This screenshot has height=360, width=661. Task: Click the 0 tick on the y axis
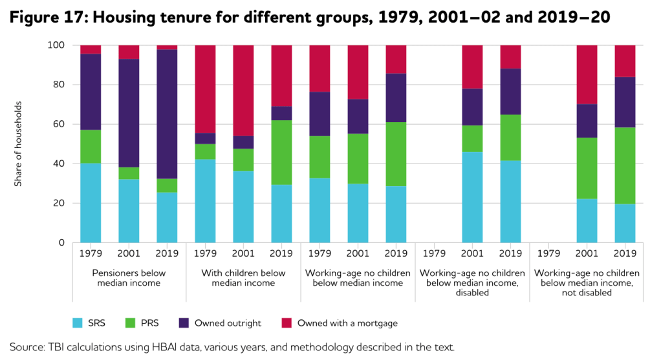point(61,243)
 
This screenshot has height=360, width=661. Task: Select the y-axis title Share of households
point(18,143)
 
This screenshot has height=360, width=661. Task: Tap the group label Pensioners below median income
point(129,278)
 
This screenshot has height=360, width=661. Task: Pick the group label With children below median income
point(243,278)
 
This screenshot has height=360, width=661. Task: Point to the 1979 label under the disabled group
point(434,254)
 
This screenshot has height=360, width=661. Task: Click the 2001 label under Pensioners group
point(129,254)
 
